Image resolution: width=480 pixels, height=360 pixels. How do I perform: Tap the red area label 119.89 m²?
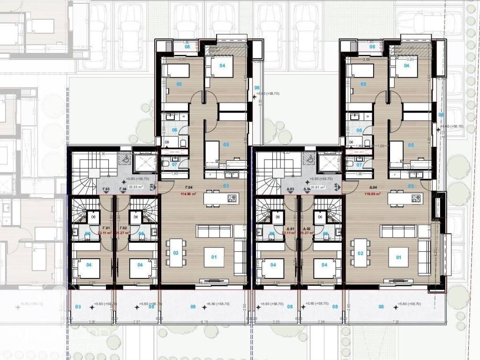[373, 193]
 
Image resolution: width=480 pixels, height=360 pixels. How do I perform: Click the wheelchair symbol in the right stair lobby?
[309, 158]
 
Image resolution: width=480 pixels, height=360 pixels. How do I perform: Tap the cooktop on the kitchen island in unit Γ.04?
[232, 198]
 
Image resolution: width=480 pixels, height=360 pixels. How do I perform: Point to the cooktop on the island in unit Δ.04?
[416, 198]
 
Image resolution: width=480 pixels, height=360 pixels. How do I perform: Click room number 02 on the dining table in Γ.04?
[176, 253]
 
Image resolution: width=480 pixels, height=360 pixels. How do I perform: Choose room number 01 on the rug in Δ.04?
[399, 257]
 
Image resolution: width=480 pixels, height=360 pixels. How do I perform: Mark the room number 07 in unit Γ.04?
[174, 165]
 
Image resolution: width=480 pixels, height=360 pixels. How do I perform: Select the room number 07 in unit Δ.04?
[359, 165]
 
